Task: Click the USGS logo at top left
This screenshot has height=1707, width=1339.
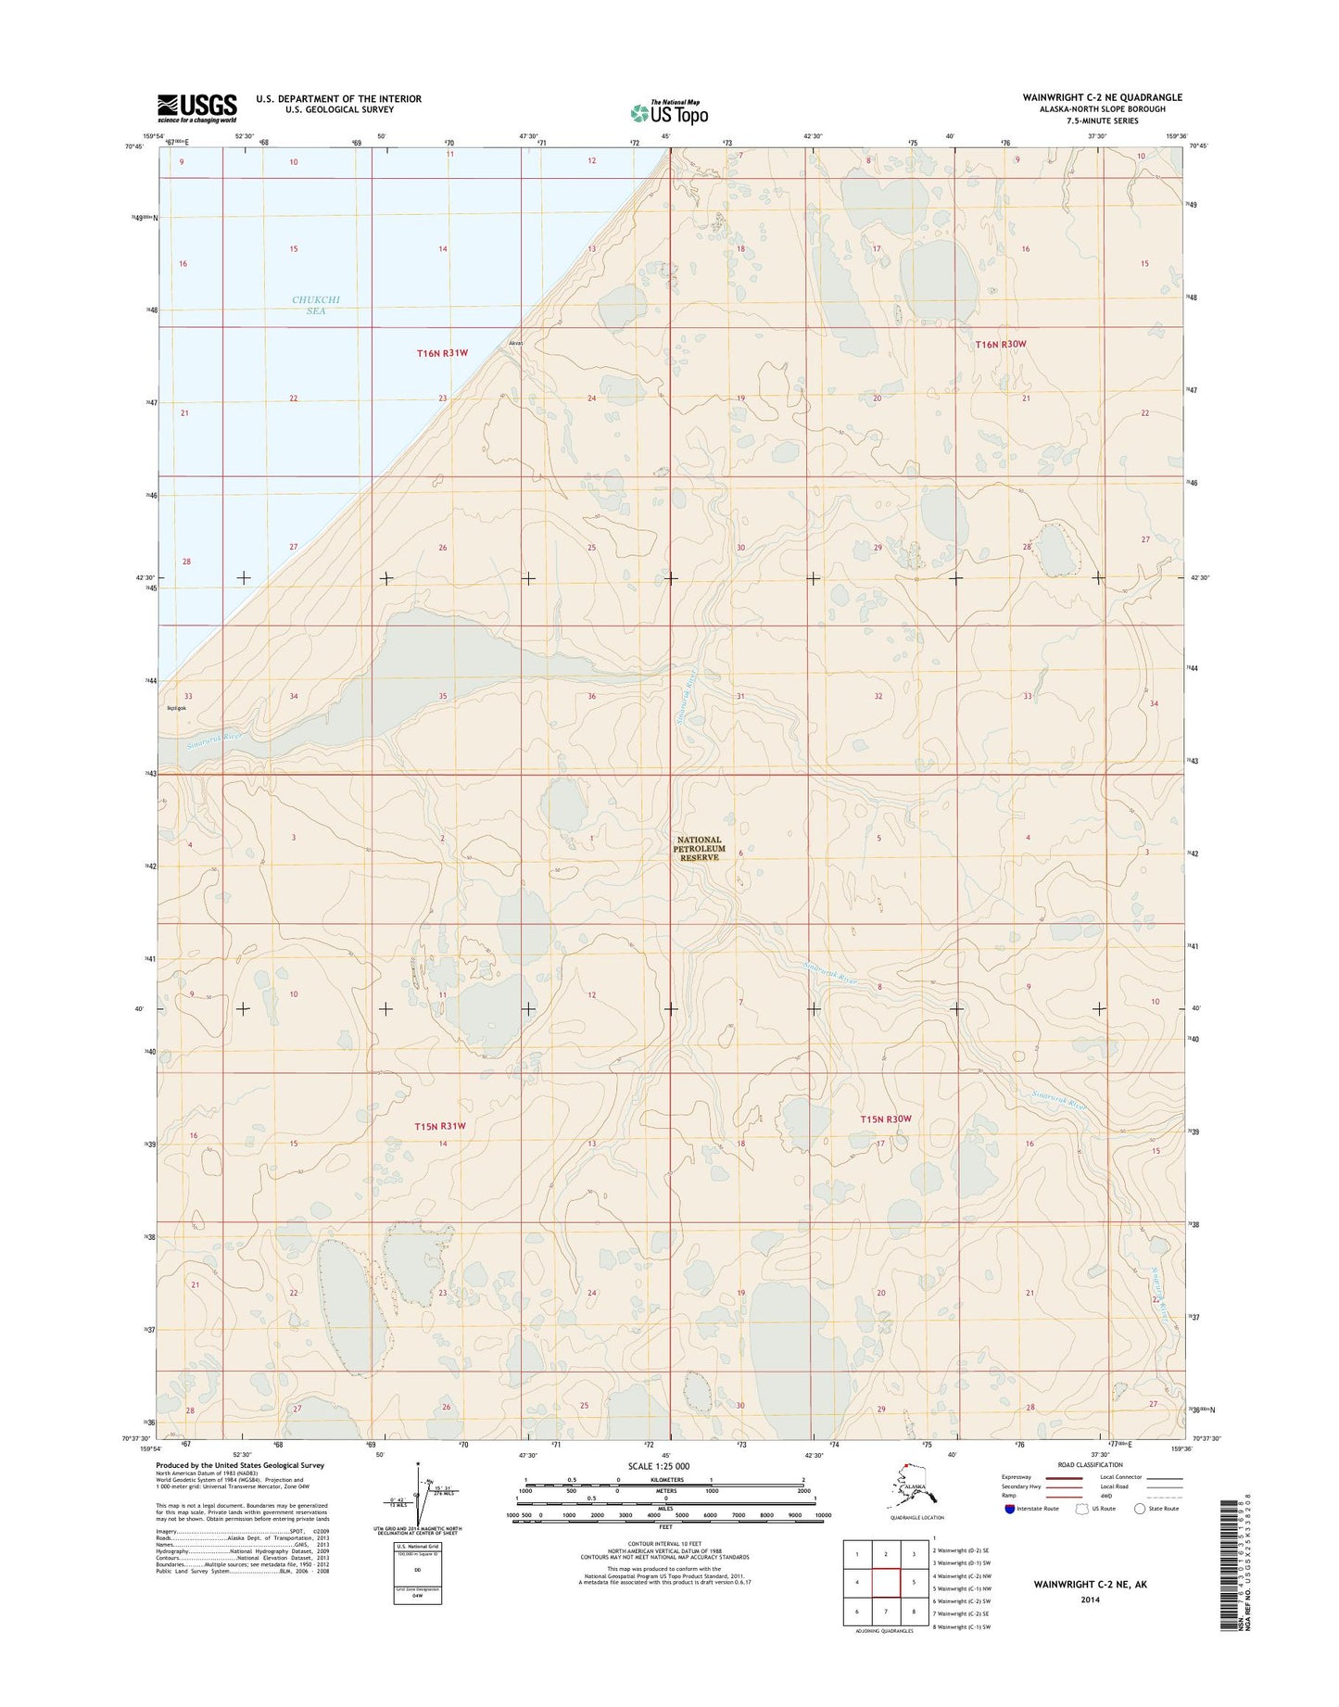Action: tap(196, 107)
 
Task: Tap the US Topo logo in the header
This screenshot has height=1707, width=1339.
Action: tap(669, 112)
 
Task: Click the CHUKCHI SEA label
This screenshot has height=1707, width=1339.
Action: tap(309, 306)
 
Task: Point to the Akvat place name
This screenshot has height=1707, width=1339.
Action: tap(516, 344)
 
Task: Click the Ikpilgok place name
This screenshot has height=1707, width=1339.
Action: tap(176, 709)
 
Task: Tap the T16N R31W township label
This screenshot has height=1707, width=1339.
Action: tap(442, 353)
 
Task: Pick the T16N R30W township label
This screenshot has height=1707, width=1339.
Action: tap(1001, 344)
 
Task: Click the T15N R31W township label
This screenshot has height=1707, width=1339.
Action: tap(438, 1126)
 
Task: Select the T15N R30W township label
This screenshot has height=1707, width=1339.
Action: tap(886, 1119)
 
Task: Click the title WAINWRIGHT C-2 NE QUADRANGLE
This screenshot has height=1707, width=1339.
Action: tap(1102, 97)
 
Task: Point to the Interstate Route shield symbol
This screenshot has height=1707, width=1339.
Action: tap(1008, 1509)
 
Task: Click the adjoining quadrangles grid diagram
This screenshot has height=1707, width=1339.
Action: tap(886, 1582)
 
